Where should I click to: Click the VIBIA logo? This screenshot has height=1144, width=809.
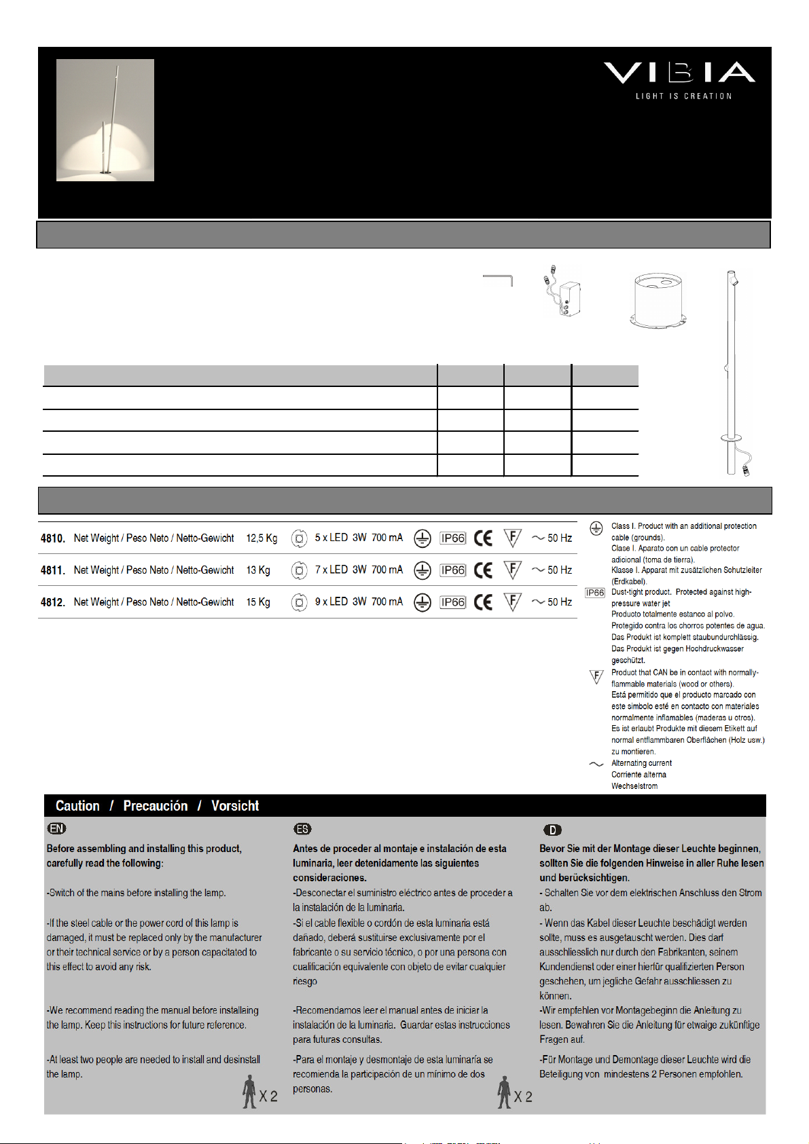coord(680,73)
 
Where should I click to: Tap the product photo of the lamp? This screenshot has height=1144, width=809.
coord(105,120)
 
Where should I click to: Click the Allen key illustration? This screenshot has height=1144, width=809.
coord(499,280)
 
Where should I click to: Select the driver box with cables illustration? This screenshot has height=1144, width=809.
coord(565,294)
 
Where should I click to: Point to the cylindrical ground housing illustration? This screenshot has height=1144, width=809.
coord(657,299)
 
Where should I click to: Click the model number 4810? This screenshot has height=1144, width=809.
coord(53,538)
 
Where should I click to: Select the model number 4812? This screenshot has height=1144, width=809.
coord(53,602)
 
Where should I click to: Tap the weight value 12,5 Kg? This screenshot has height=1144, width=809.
coord(262,538)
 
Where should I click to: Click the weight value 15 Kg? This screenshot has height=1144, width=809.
coord(258,602)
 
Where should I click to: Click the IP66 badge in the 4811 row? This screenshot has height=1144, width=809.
coord(453,570)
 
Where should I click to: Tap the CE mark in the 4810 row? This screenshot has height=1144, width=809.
coord(484,538)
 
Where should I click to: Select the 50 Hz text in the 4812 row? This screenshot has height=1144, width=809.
coord(560,602)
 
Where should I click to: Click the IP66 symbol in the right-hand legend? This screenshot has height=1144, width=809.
coord(595,593)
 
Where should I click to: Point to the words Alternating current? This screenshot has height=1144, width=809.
coord(641,763)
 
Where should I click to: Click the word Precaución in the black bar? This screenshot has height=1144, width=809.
coord(156,806)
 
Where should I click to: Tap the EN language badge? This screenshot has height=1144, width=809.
coord(56,828)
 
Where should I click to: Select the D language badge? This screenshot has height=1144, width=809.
coord(552,830)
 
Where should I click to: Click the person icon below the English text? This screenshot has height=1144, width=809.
coord(250,1091)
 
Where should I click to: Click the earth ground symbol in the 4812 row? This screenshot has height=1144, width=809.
coord(423,602)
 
